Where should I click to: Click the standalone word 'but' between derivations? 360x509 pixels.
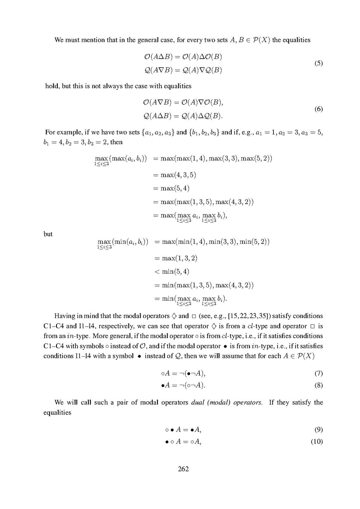(x=48, y=233)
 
